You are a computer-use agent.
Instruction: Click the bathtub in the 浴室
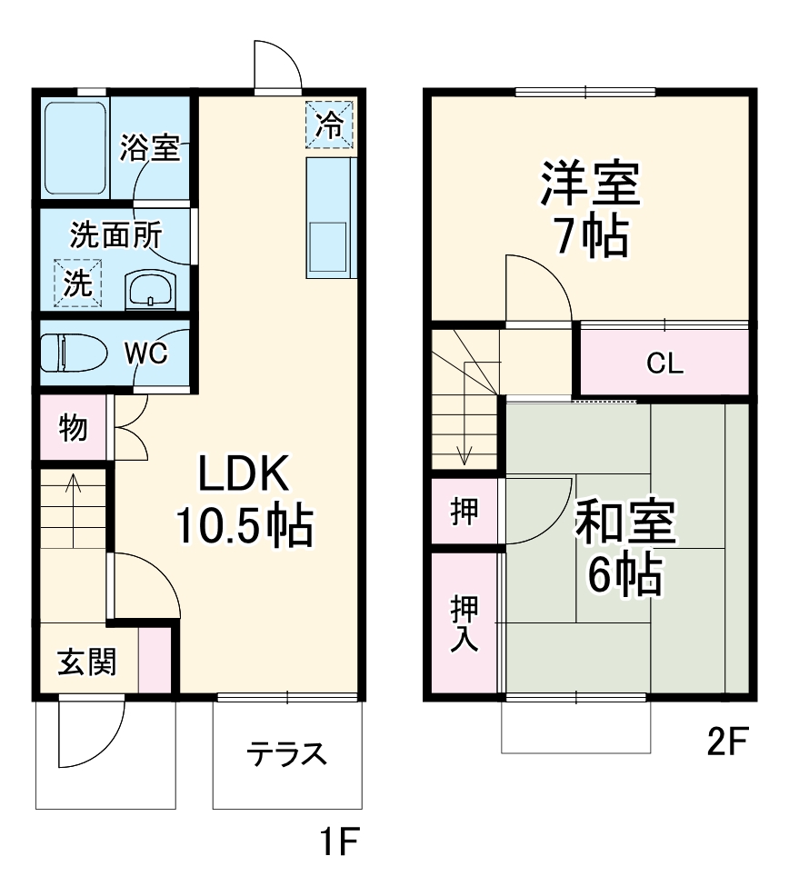point(76,148)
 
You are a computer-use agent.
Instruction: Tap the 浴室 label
point(150,149)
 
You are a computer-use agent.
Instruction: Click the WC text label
point(145,353)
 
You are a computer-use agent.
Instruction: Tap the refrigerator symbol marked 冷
point(329,124)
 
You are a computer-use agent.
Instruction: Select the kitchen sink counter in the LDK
point(328,218)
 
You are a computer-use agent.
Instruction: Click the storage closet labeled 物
point(73,427)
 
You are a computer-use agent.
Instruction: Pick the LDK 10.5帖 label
point(244,499)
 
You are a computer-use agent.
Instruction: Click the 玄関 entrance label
point(87,663)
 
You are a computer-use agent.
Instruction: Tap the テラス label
point(287,753)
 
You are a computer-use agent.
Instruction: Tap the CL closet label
point(664,363)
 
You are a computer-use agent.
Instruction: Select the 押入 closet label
point(464,622)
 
